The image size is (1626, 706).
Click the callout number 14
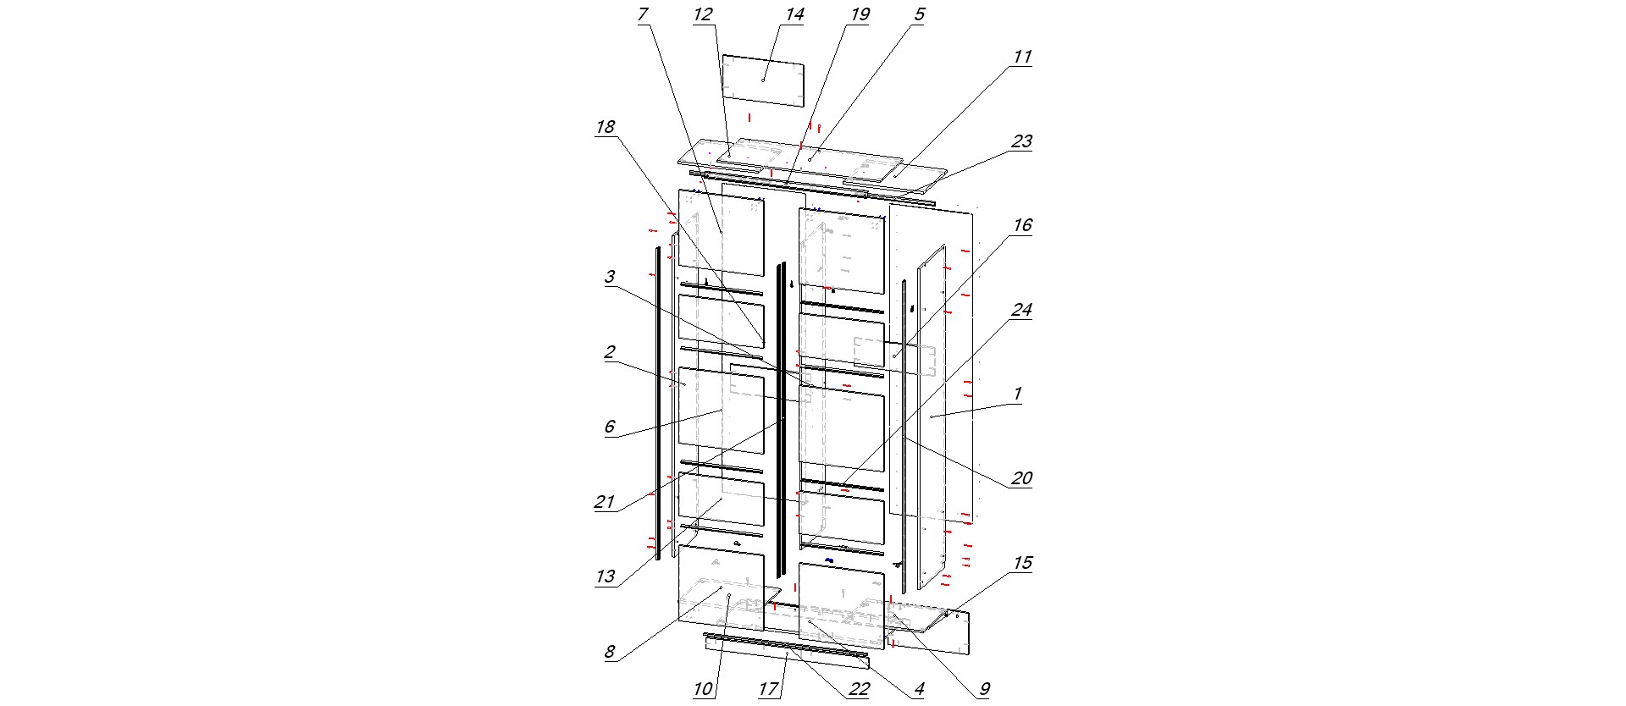794,14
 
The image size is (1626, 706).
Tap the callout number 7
643,14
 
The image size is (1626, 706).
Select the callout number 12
703,14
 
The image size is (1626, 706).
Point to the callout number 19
860,14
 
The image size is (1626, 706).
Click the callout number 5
920,14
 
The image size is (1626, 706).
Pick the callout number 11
1022,57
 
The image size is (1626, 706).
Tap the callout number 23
1022,141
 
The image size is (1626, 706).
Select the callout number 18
606,127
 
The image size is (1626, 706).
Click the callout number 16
1022,225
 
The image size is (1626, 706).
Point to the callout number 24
1022,310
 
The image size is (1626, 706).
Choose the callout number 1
1018,394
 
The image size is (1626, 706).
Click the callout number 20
1022,478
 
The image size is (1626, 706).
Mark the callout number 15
1022,563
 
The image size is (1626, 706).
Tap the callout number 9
984,689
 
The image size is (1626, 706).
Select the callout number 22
859,689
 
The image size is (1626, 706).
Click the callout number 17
768,689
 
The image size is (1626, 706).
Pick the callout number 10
703,689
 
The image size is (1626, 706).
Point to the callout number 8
610,653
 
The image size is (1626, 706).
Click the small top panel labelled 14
762,80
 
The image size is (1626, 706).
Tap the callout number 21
605,502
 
